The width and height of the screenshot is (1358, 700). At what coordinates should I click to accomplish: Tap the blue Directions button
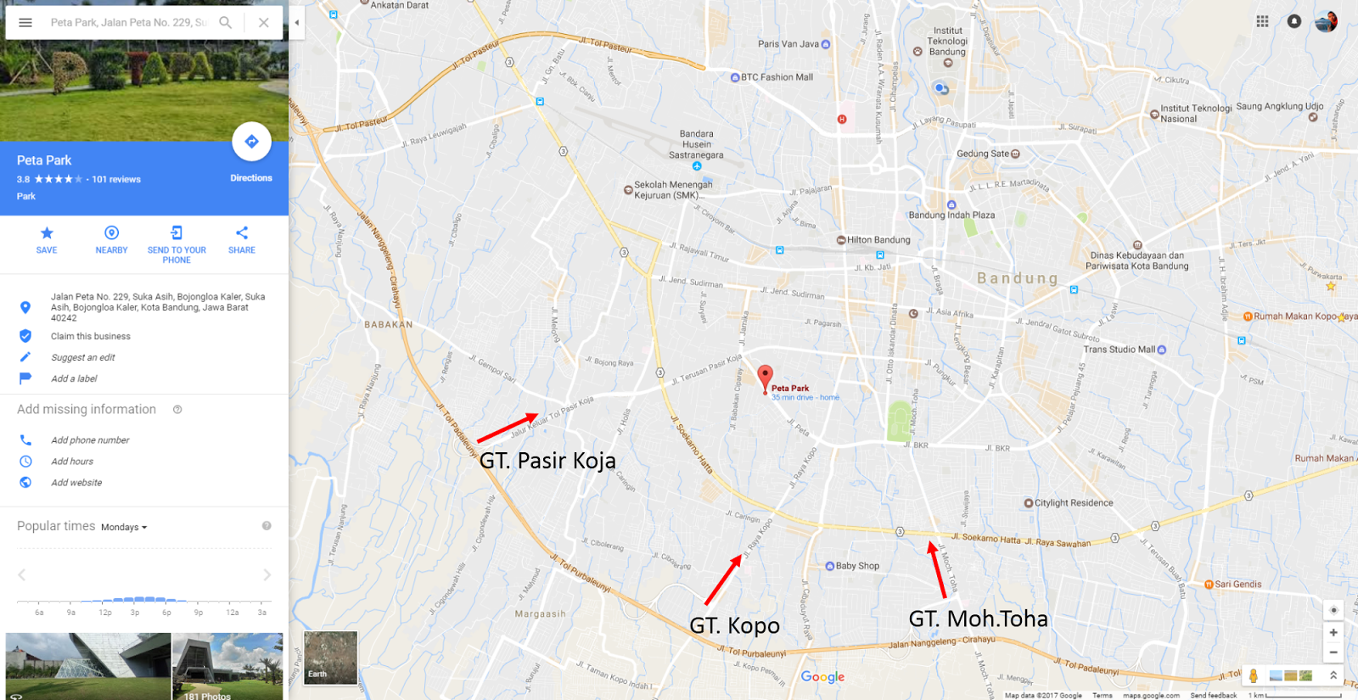point(251,142)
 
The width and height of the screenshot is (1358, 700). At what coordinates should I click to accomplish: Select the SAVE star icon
point(47,233)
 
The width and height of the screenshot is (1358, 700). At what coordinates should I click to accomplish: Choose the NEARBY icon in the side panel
point(111,233)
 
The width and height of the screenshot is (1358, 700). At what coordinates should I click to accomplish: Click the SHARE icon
point(242,233)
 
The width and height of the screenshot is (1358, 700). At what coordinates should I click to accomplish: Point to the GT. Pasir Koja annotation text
point(547,461)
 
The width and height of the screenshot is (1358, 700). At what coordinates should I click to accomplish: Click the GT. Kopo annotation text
point(734,626)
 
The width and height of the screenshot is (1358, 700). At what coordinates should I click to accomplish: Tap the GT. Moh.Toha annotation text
point(978,619)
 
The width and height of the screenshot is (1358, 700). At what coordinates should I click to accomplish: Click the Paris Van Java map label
point(788,44)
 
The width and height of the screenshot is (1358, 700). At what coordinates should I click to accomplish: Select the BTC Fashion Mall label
point(777,77)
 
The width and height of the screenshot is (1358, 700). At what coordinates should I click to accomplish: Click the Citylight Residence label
point(1074,503)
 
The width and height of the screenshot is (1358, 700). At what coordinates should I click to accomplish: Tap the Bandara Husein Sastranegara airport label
point(696,144)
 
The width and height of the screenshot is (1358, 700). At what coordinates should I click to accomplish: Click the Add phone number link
point(90,440)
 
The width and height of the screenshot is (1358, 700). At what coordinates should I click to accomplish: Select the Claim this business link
point(91,337)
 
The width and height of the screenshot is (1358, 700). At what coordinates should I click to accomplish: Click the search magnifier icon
point(225,23)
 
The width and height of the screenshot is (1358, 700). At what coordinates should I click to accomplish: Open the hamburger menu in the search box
point(25,23)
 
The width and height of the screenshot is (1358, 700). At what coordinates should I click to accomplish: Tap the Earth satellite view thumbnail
point(330,658)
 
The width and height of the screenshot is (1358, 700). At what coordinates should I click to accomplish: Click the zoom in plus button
point(1333,632)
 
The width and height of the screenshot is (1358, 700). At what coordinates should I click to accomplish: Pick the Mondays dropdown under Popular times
point(124,528)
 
